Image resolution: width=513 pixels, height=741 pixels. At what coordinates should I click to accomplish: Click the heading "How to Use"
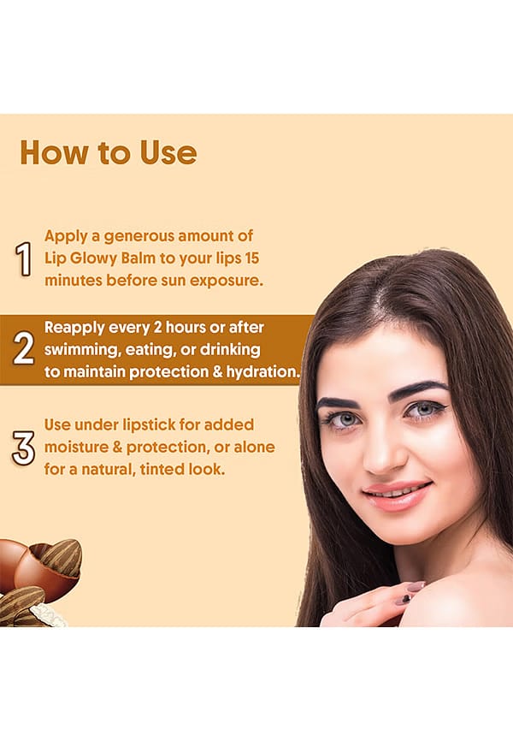(x=109, y=152)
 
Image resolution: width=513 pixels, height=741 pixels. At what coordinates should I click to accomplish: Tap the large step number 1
(x=23, y=258)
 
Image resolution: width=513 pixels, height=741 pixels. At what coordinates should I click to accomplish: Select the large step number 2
(x=23, y=349)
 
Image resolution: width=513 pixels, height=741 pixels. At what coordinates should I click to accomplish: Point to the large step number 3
(x=23, y=448)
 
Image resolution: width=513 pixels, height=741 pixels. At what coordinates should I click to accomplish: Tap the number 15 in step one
(x=251, y=258)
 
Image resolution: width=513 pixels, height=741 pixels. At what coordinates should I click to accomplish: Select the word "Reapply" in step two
(x=74, y=328)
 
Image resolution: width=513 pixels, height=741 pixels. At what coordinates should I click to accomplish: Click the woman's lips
(x=397, y=495)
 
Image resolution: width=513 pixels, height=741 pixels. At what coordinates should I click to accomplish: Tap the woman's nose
(x=384, y=453)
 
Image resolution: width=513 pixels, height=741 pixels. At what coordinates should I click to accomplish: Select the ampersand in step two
(x=217, y=372)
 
